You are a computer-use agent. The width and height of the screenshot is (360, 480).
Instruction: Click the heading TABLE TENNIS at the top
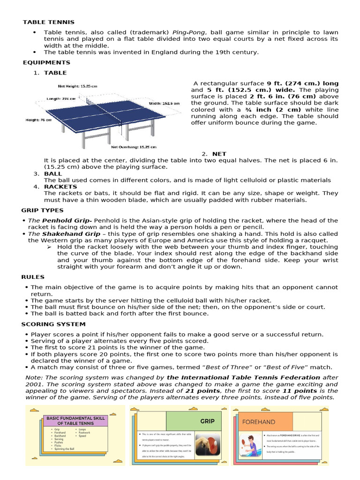pyautogui.click(x=49, y=22)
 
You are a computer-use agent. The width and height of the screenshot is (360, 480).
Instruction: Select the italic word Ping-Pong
pyautogui.click(x=188, y=32)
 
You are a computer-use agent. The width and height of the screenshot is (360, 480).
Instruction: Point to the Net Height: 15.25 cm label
pyautogui.click(x=77, y=86)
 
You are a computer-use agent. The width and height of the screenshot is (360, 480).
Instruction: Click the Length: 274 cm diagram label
pyautogui.click(x=61, y=99)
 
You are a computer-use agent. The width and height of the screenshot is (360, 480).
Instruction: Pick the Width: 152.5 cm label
pyautogui.click(x=164, y=103)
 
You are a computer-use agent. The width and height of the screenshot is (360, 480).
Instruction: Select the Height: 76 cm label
pyautogui.click(x=38, y=120)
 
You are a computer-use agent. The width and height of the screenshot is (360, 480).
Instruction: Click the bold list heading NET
pyautogui.click(x=219, y=154)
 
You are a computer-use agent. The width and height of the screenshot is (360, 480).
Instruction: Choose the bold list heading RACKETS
pyautogui.click(x=60, y=187)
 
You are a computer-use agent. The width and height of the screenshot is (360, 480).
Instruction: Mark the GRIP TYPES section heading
pyautogui.click(x=42, y=210)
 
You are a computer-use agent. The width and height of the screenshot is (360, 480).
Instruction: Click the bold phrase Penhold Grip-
pyautogui.click(x=62, y=220)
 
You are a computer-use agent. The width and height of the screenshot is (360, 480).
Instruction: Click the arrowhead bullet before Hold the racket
pyautogui.click(x=48, y=247)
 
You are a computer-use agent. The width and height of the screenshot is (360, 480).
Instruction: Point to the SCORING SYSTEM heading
pyautogui.click(x=53, y=324)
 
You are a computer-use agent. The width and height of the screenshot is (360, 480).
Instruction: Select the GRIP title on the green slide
pyautogui.click(x=207, y=421)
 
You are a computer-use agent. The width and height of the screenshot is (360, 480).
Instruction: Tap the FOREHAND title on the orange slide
pyautogui.click(x=258, y=422)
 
